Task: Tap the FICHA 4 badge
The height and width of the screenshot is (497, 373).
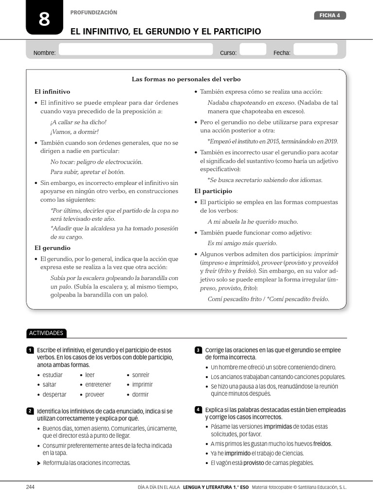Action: point(330,16)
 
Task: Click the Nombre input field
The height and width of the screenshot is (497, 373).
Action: point(136,50)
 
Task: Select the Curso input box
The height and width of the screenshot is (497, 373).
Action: point(253,50)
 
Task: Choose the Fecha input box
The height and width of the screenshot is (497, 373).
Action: point(315,50)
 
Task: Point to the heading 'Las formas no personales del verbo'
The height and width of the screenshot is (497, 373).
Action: point(186,79)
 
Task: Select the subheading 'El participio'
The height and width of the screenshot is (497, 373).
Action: point(213,191)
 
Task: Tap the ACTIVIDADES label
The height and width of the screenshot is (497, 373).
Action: point(46,333)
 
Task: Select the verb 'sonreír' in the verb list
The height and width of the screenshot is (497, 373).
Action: point(140,375)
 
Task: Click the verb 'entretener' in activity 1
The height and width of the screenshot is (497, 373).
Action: point(98,385)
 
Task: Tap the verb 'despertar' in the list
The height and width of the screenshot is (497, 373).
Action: point(54,395)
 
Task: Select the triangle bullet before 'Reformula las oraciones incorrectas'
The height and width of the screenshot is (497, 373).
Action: point(39,463)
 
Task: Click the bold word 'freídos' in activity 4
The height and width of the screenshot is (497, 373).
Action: point(322,444)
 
